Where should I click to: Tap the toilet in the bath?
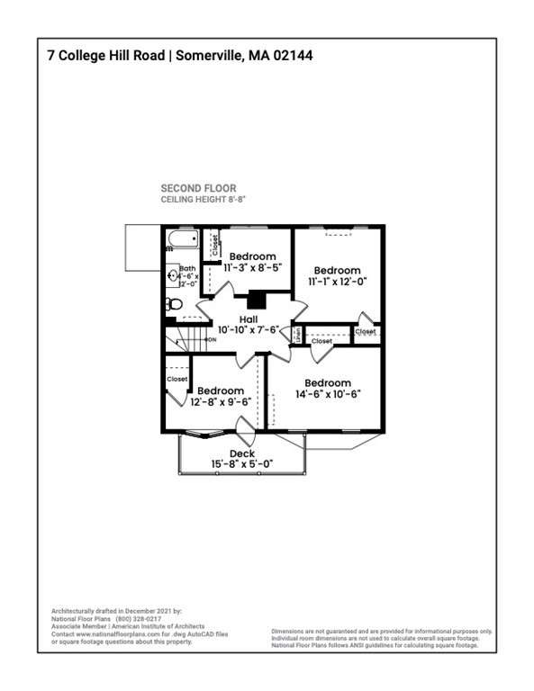click(x=174, y=304)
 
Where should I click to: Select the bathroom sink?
click(x=172, y=277)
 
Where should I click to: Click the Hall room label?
click(x=249, y=319)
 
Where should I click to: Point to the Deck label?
click(x=242, y=453)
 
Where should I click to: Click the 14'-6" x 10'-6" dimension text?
click(x=328, y=394)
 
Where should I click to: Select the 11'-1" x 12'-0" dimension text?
click(x=338, y=282)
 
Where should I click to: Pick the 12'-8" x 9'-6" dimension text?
click(x=221, y=401)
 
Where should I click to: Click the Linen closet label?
click(x=296, y=335)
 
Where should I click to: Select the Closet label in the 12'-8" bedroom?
click(x=177, y=379)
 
